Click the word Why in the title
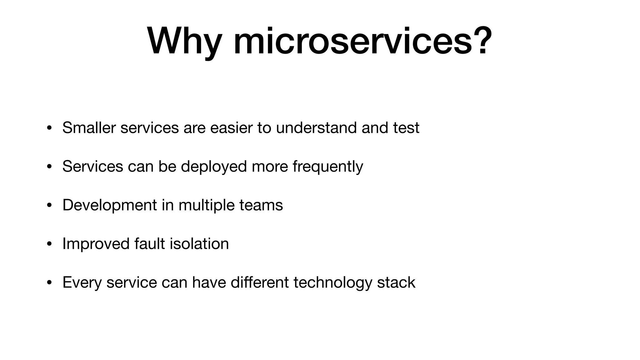pos(184,42)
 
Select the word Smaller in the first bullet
pos(89,128)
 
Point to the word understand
pos(316,128)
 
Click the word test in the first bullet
pos(406,128)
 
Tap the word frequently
pos(328,167)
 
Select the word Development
pos(110,205)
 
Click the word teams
pos(261,205)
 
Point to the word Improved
pos(96,244)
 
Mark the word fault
pos(149,244)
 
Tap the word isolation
pos(199,244)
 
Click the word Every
pos(82,282)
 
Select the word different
pos(259,282)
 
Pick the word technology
pos(333,282)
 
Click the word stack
pos(396,282)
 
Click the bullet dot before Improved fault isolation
pos(49,244)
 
